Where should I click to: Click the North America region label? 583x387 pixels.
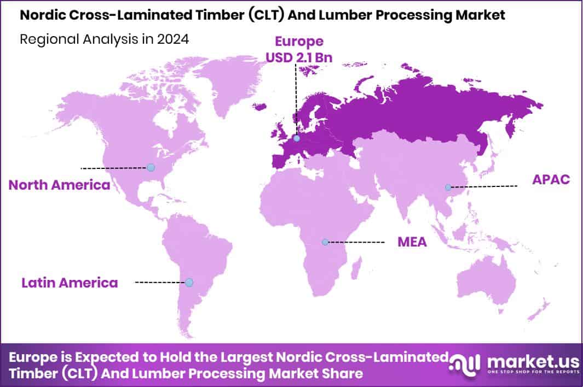(x=59, y=185)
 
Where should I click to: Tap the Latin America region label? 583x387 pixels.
(x=70, y=283)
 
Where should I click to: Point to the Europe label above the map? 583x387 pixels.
(x=299, y=41)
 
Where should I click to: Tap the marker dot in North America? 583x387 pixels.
(x=151, y=167)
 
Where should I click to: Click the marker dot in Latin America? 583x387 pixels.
(x=189, y=282)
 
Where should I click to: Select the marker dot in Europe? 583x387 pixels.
(x=296, y=138)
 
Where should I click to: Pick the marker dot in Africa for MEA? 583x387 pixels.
(x=325, y=242)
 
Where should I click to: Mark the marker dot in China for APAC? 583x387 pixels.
(x=448, y=187)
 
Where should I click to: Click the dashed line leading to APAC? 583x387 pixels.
(x=484, y=186)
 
